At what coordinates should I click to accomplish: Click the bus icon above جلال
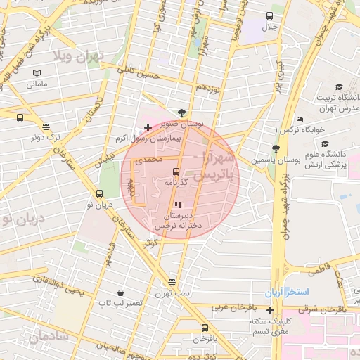click(x=270, y=15)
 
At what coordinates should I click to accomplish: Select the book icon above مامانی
click(x=37, y=73)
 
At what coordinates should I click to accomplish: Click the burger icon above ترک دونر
click(x=46, y=127)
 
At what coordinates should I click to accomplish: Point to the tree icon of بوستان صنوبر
click(x=183, y=112)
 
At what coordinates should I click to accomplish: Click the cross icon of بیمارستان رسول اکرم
click(x=148, y=127)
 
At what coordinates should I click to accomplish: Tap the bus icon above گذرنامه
click(x=176, y=171)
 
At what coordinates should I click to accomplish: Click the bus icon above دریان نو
click(x=98, y=194)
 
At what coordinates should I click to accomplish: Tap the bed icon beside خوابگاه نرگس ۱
click(x=300, y=119)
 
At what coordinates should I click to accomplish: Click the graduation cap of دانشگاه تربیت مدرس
click(x=339, y=86)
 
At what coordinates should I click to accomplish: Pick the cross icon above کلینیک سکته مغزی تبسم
click(x=270, y=310)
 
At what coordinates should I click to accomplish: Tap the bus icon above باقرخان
click(x=205, y=328)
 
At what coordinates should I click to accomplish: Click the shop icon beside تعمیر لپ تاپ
click(x=121, y=292)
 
